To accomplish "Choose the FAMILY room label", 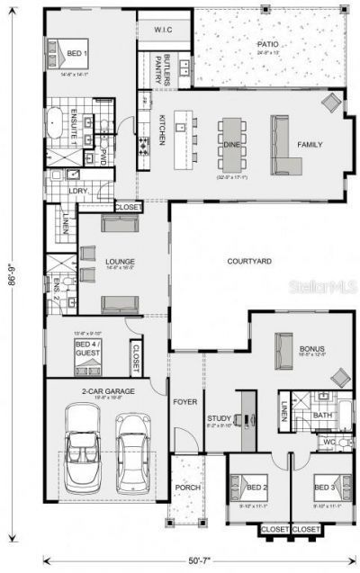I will (x=310, y=145).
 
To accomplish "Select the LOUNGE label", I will (x=119, y=260).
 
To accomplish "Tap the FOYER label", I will (x=185, y=403).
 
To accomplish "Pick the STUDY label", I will (x=220, y=417).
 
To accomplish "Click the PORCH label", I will (x=187, y=488).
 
